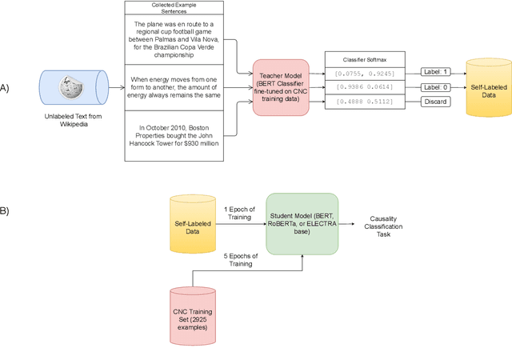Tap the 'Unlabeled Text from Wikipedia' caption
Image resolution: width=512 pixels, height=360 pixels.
(x=73, y=120)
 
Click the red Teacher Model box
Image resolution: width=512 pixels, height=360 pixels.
(x=281, y=87)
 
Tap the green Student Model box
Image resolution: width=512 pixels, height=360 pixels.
(x=302, y=224)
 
